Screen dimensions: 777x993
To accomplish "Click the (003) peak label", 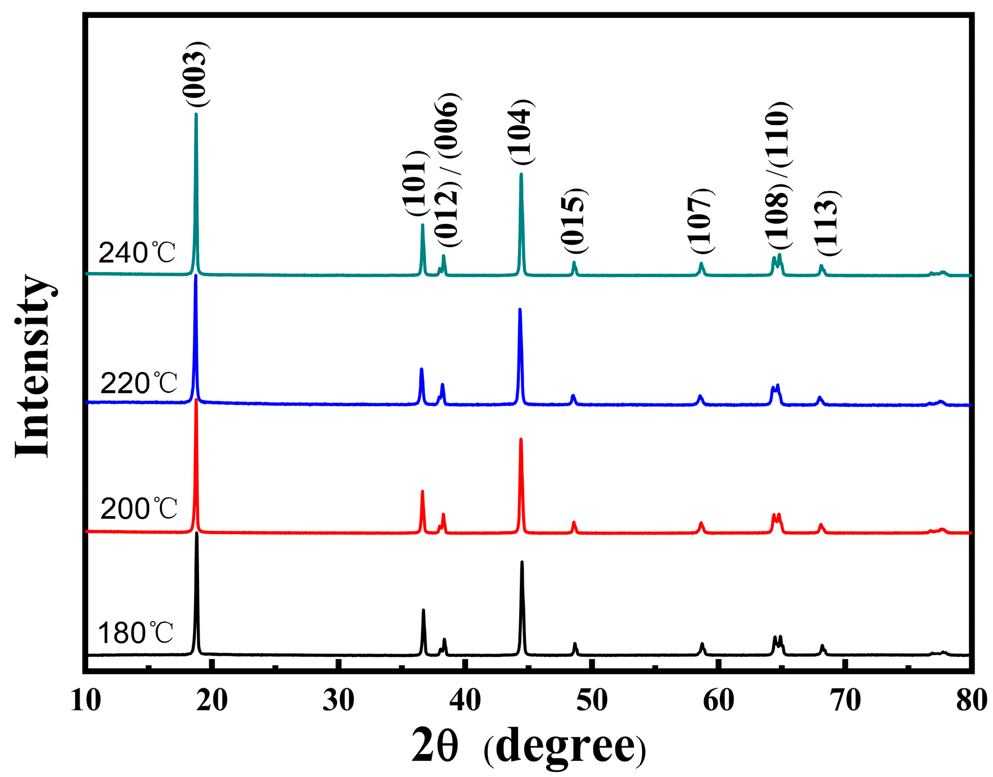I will [197, 73].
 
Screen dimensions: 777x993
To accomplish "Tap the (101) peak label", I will [417, 183].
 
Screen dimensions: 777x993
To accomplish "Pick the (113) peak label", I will [826, 222].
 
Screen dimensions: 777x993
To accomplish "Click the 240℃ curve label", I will [137, 253].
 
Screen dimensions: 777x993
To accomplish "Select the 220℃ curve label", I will [138, 384].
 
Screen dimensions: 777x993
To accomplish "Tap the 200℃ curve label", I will [138, 509].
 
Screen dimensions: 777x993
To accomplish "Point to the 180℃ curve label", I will [136, 633].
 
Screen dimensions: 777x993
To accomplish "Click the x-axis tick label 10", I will [86, 701].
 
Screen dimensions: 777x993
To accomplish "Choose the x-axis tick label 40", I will [465, 701].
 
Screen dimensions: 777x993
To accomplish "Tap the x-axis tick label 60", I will [719, 701].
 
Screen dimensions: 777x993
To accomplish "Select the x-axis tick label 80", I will [971, 701].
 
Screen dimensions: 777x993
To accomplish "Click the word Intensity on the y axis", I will [34, 366].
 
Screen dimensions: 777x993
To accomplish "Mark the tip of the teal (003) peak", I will [196, 114].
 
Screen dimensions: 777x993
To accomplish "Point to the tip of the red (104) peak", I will [521, 439].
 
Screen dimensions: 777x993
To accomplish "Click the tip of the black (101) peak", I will [423, 610].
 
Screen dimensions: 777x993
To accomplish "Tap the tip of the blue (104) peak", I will [520, 309].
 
